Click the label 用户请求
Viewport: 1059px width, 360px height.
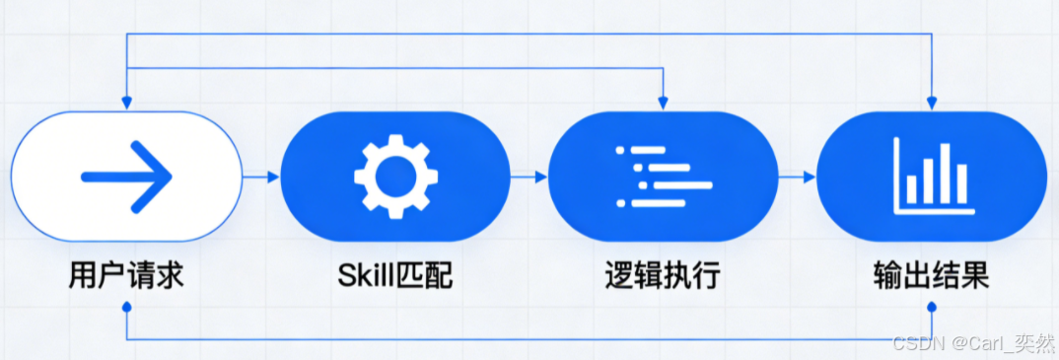pos(126,274)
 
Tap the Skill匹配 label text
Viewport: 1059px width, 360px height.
pos(394,274)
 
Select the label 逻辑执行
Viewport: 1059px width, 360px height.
pos(662,274)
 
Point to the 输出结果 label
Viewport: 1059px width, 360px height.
pos(931,274)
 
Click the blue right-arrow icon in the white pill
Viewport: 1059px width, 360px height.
pos(127,177)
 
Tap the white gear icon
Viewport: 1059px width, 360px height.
pos(395,177)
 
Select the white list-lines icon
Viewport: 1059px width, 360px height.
pos(662,177)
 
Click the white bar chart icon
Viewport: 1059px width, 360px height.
pos(932,177)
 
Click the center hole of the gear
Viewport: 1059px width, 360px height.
pos(395,177)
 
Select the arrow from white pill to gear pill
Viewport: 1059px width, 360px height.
pos(261,178)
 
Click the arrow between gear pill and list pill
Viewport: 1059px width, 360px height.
pos(529,178)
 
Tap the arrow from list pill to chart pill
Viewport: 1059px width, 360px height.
pos(798,178)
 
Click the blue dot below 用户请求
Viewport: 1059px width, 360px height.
pos(126,308)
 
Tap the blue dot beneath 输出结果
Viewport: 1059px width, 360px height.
pos(931,308)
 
